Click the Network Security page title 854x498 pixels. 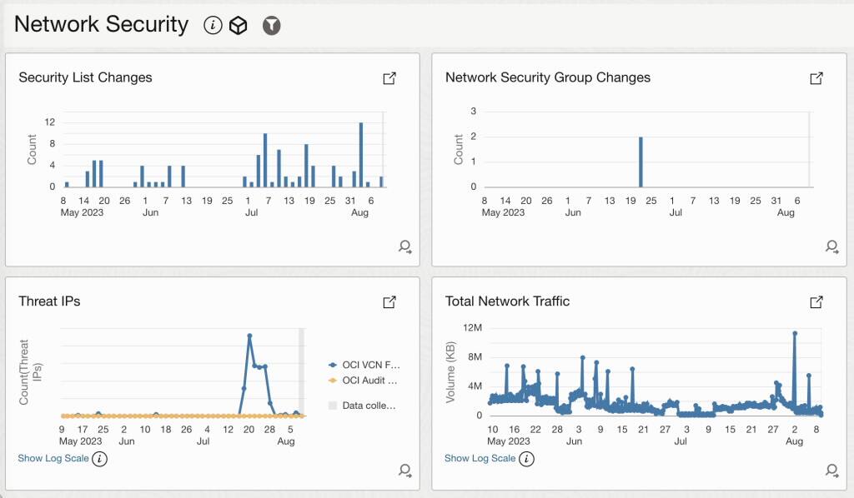click(x=101, y=25)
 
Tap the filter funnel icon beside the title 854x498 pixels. click(x=271, y=26)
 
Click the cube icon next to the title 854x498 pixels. click(x=239, y=26)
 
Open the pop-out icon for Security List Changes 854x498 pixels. click(x=389, y=78)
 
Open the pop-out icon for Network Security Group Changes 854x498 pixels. click(x=816, y=78)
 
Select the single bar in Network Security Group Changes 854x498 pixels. click(x=640, y=162)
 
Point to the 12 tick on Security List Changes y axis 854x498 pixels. click(x=50, y=122)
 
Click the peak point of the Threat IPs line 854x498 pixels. click(x=249, y=336)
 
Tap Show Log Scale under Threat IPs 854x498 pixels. click(x=53, y=458)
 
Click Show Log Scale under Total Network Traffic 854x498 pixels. click(x=480, y=458)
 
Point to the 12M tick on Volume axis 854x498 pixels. click(x=473, y=328)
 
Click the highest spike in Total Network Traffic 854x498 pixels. click(x=795, y=334)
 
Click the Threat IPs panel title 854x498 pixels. click(x=50, y=301)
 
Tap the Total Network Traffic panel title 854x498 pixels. click(x=507, y=301)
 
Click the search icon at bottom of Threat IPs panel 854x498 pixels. click(x=405, y=471)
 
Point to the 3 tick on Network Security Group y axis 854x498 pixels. click(x=474, y=111)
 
